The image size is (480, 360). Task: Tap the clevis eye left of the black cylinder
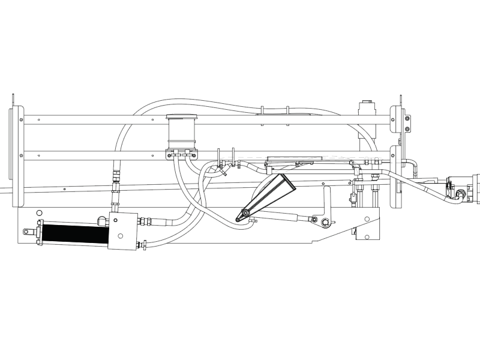point(26,232)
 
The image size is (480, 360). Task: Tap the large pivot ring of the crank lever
point(325,223)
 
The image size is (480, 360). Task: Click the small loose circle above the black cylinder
point(39,213)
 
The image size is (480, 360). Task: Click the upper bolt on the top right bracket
point(407,118)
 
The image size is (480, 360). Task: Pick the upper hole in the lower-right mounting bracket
point(366,218)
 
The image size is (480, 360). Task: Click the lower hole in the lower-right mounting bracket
point(366,238)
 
